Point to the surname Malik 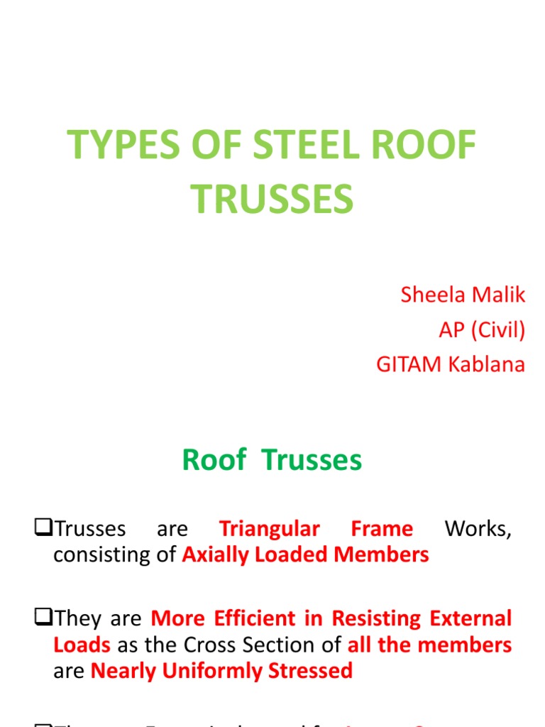click(x=502, y=295)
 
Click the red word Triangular click(x=269, y=530)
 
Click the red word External click(x=470, y=618)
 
